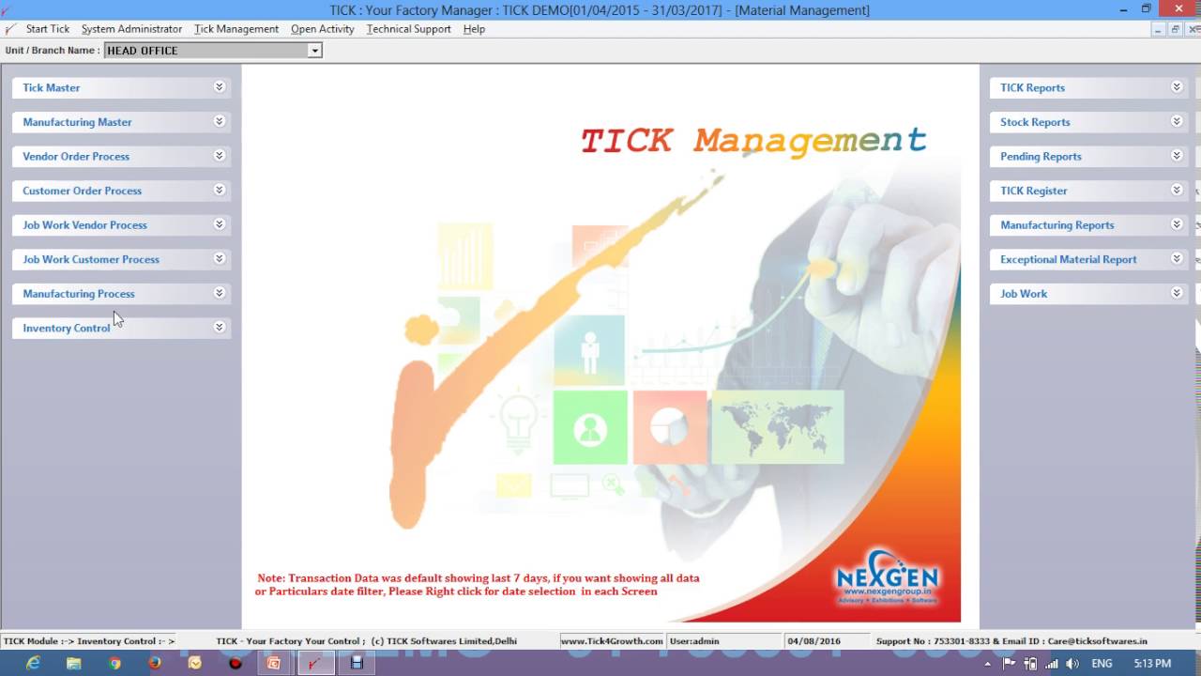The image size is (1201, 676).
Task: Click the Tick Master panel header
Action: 52,87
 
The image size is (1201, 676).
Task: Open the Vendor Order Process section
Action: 76,156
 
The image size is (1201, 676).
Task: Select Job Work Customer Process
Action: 91,259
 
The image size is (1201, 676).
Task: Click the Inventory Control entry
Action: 67,328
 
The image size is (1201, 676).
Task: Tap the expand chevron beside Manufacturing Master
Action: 219,121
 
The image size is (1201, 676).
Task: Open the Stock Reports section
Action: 1035,122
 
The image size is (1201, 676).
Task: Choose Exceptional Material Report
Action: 1068,259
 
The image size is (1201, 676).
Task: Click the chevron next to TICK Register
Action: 1177,190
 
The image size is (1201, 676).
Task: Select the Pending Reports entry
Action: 1041,156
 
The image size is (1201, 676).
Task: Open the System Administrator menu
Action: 131,29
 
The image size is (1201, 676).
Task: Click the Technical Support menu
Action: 408,29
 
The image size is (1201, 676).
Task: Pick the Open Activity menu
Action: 322,29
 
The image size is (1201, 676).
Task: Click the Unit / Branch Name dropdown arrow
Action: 314,51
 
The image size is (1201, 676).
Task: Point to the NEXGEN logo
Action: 887,576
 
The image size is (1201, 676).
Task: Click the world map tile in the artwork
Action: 777,427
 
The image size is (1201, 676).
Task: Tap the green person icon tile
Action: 590,428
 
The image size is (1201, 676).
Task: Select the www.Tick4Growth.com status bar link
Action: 612,641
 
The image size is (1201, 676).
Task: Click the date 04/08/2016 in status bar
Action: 814,641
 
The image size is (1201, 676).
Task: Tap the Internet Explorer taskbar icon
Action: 34,663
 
